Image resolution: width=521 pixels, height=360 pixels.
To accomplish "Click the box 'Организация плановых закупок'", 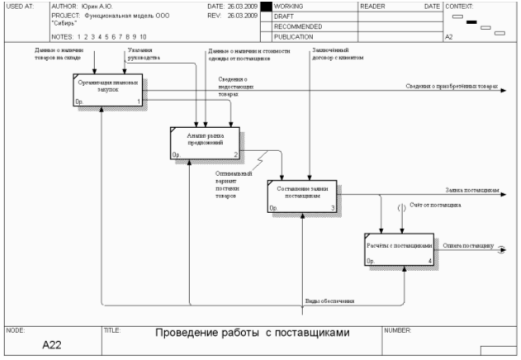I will [107, 90].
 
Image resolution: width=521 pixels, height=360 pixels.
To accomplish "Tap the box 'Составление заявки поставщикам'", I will [302, 196].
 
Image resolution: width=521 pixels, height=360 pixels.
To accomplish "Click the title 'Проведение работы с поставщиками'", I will [253, 333].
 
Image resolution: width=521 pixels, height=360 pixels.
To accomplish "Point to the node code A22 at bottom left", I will [53, 346].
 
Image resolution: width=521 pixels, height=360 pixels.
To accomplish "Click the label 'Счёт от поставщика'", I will [434, 204].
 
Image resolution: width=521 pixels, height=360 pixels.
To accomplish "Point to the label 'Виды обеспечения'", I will [329, 301].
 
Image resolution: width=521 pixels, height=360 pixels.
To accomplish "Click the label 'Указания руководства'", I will [144, 55].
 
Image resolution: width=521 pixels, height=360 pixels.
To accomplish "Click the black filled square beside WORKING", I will [266, 7].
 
